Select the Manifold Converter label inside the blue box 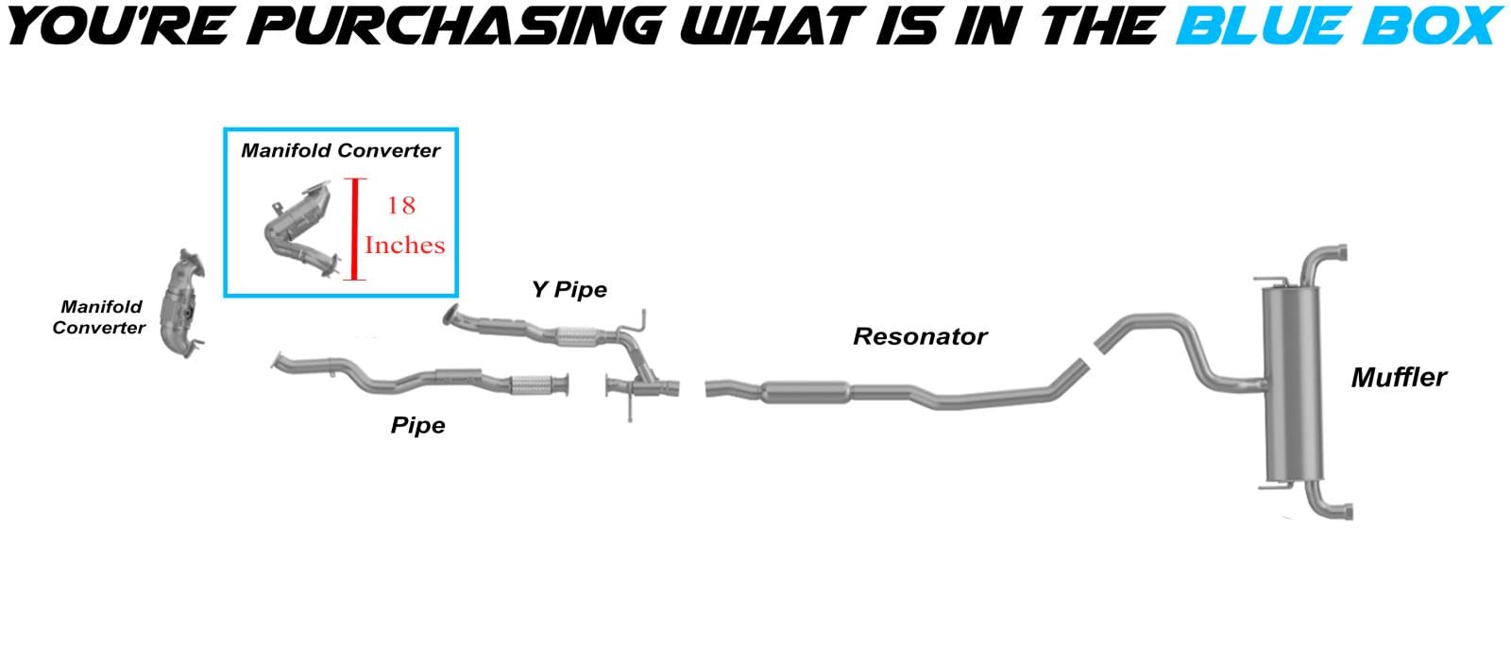click(340, 150)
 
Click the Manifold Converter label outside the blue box click(99, 317)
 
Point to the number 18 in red click(400, 205)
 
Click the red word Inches click(404, 246)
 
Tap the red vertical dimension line click(355, 229)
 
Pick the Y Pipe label click(569, 289)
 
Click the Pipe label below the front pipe click(417, 426)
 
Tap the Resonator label click(920, 337)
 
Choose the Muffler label click(1398, 378)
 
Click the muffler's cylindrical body click(1293, 383)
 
